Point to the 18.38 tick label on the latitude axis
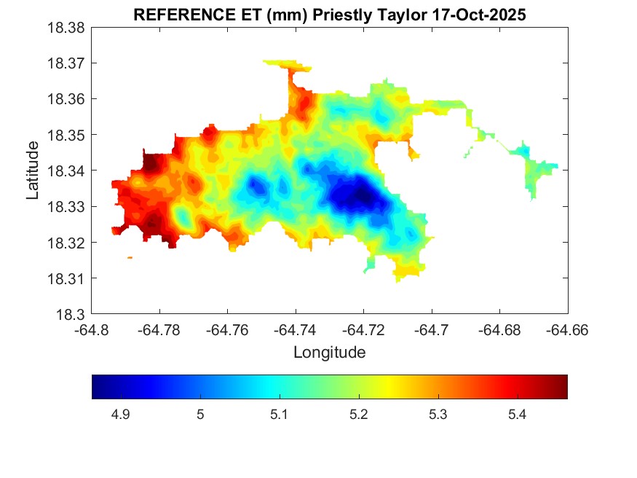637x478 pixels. click(x=68, y=28)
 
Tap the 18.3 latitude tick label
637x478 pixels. click(x=72, y=315)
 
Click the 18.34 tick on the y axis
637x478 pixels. click(x=68, y=171)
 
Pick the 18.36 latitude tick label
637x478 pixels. click(x=68, y=99)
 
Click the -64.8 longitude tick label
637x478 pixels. click(x=92, y=330)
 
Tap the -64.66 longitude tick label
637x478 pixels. click(x=568, y=330)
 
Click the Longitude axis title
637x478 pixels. click(x=329, y=353)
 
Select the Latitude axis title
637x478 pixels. click(x=33, y=171)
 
